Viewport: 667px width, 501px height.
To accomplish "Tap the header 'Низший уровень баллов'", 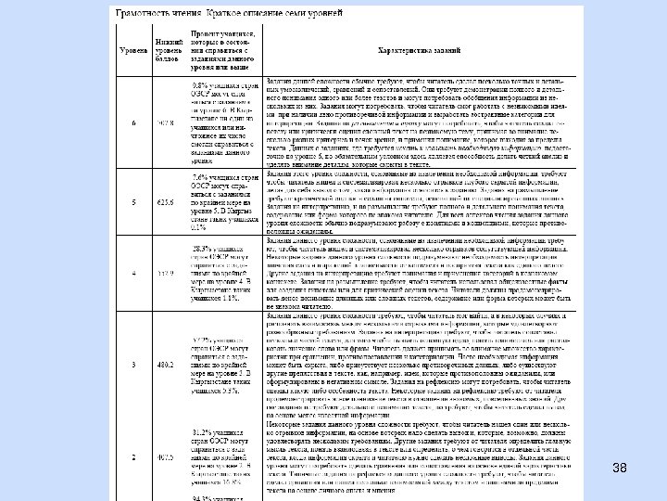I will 168,49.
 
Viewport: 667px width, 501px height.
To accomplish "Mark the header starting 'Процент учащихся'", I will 219,48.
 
